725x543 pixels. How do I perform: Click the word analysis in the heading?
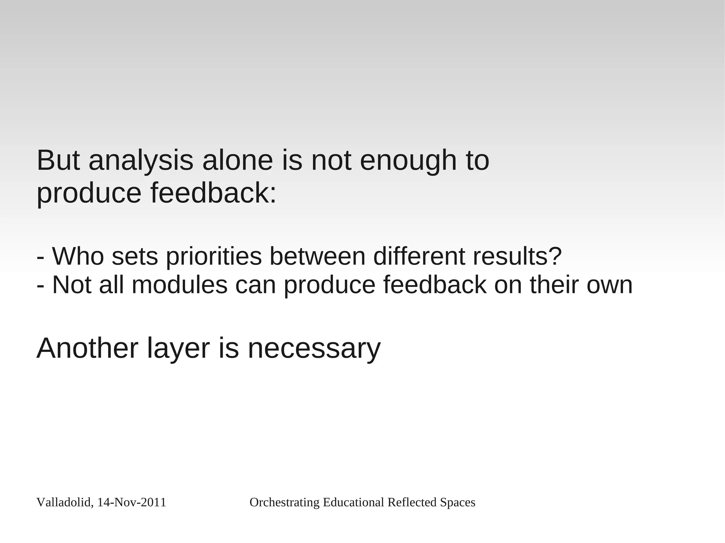141,161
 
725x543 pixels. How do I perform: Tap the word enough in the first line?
408,161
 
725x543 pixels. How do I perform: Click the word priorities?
214,257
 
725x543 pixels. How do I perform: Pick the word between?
317,256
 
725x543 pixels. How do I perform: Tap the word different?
419,256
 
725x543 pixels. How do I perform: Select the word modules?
179,285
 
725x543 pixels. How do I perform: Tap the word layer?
178,350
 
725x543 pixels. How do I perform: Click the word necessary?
314,350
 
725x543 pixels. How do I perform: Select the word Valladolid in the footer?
64,503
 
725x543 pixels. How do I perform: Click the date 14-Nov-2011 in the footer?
131,503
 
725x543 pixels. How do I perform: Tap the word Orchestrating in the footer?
285,503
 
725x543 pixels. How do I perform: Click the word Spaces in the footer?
457,503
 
